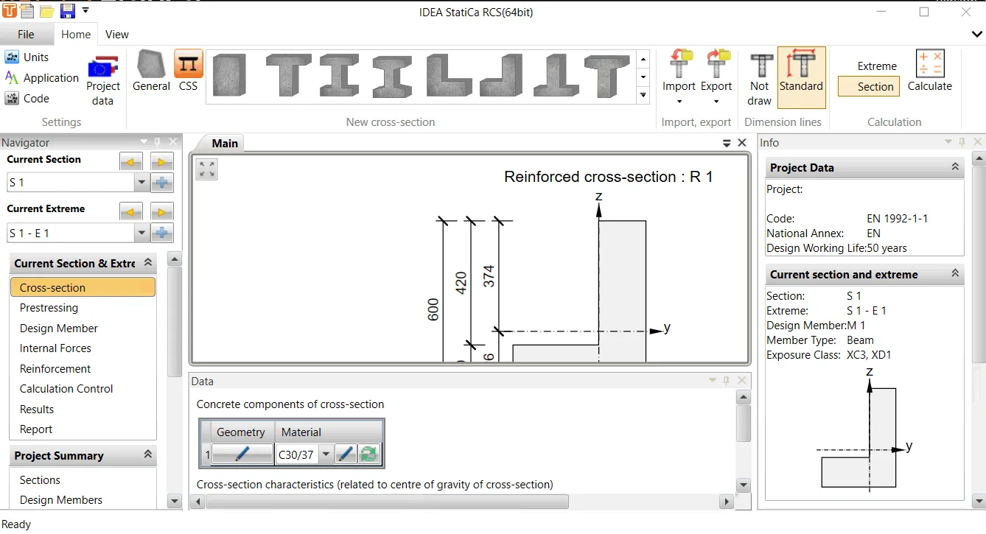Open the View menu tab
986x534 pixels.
pos(116,35)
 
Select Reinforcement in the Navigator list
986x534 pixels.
pos(55,368)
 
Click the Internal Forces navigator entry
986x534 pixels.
pos(55,348)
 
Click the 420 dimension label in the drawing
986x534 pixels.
pos(461,283)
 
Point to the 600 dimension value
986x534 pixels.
pos(433,309)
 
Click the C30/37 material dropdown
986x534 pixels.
pos(325,454)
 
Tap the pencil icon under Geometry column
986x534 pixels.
pos(242,454)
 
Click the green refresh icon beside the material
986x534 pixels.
pos(368,454)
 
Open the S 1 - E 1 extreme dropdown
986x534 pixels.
pos(141,233)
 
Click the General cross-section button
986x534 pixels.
pos(151,71)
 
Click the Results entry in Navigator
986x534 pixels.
pos(37,409)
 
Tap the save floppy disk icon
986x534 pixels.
pos(67,11)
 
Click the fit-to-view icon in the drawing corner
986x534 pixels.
pos(206,169)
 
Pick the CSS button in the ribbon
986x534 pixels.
pos(189,71)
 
